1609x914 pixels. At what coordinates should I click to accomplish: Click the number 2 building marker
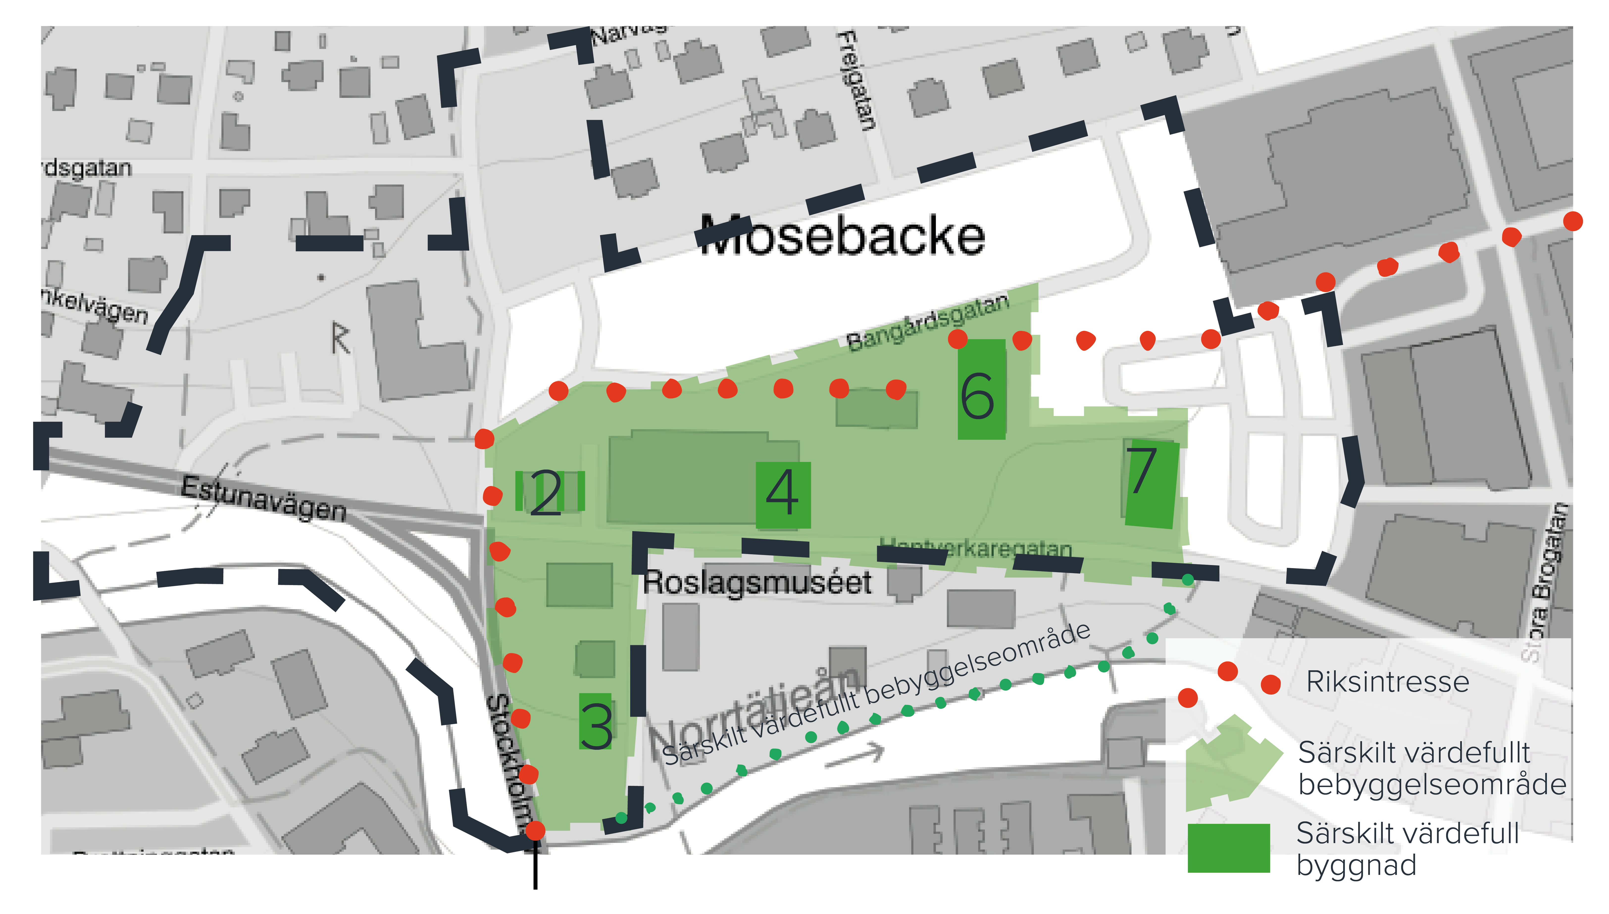[546, 494]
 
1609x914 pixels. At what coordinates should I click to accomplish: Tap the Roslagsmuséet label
[757, 583]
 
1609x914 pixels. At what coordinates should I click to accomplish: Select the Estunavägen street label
[264, 499]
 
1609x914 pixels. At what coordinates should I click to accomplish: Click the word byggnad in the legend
[1357, 866]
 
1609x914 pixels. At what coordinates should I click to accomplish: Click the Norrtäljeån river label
[754, 716]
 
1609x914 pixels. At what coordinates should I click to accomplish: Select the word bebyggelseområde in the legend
[1432, 785]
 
